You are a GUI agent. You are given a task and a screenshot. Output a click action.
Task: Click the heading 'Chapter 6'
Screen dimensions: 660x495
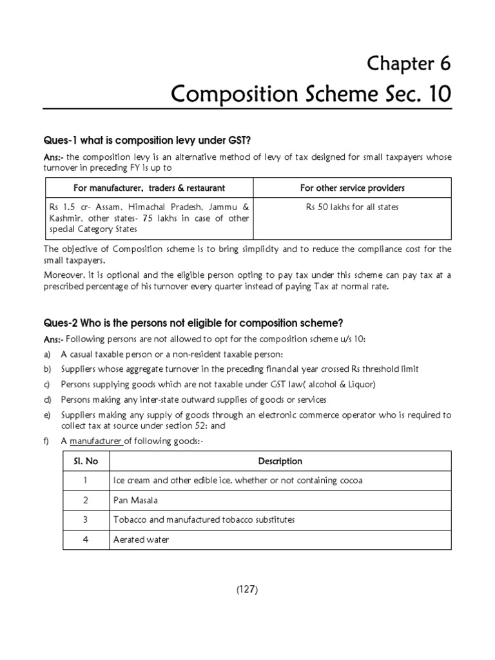coord(409,63)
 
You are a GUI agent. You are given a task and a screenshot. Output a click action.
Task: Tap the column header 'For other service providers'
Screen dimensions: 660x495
coord(352,188)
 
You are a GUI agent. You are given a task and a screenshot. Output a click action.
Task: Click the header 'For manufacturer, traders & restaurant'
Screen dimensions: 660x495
coord(148,188)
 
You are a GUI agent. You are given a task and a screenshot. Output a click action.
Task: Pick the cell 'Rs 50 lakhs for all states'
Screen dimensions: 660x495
coord(352,207)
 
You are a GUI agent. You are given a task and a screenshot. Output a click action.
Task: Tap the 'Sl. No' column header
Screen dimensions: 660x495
coord(86,461)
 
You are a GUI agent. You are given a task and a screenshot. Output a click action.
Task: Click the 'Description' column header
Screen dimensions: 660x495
coord(280,461)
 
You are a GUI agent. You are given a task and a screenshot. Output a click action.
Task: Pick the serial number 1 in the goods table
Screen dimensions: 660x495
coord(86,480)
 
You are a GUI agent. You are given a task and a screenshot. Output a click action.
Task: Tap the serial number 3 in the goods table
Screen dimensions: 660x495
coord(86,519)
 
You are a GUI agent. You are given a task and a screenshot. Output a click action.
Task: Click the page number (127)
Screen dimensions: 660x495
coord(247,588)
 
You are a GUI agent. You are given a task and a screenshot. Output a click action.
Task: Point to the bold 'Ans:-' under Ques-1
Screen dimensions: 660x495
coord(53,157)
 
